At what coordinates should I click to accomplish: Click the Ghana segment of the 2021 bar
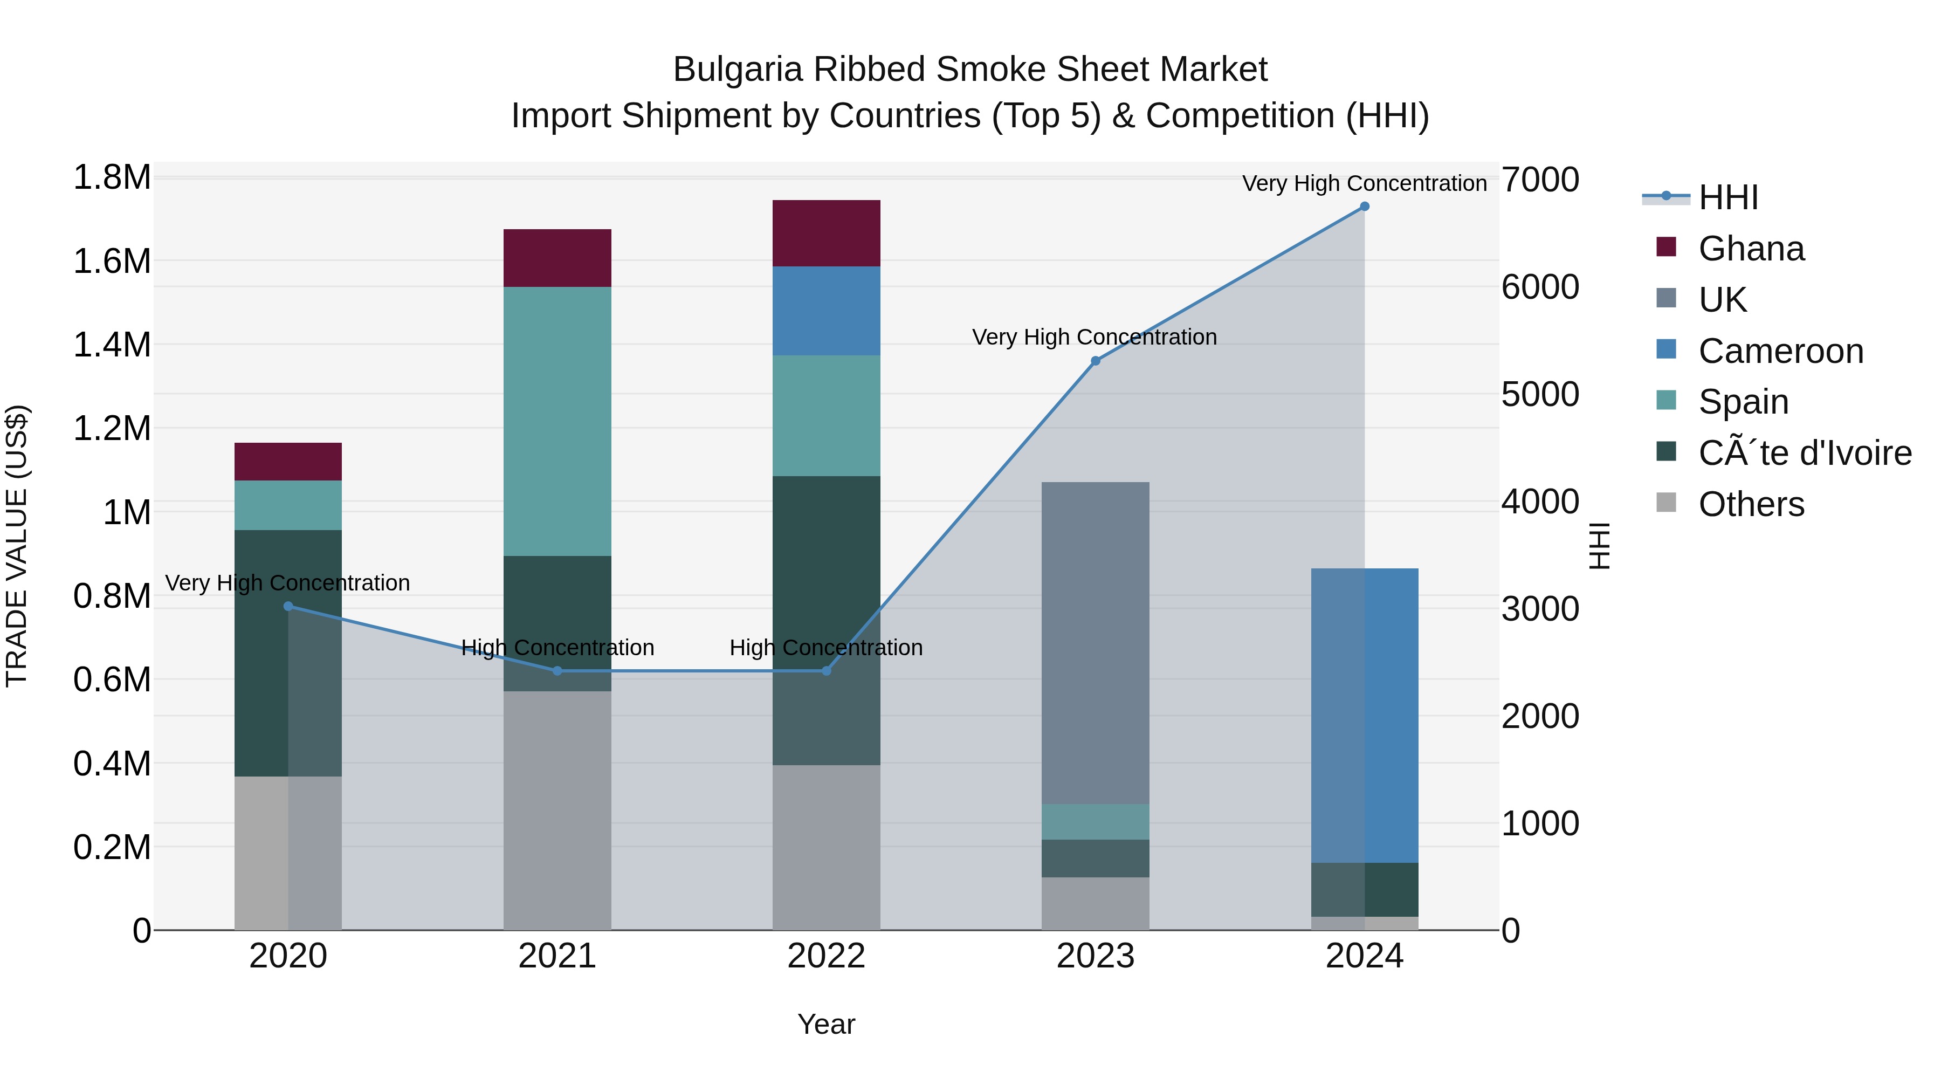pyautogui.click(x=557, y=258)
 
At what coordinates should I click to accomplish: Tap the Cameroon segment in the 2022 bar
pyautogui.click(x=826, y=311)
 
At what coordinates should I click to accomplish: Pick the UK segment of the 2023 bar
pyautogui.click(x=1095, y=642)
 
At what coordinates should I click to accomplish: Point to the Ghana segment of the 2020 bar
pyautogui.click(x=288, y=461)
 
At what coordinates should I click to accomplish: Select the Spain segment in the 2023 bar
pyautogui.click(x=1095, y=821)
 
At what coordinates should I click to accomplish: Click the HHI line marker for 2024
pyautogui.click(x=1365, y=207)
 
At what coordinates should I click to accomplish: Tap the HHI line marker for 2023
pyautogui.click(x=1096, y=361)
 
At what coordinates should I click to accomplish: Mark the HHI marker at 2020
pyautogui.click(x=288, y=606)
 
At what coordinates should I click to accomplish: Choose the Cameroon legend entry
pyautogui.click(x=1780, y=351)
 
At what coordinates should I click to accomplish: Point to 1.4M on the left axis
pyautogui.click(x=112, y=345)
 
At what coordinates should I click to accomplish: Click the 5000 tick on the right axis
pyautogui.click(x=1539, y=395)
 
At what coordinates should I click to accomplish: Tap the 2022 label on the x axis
pyautogui.click(x=826, y=956)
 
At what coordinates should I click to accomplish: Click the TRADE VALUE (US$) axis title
pyautogui.click(x=17, y=546)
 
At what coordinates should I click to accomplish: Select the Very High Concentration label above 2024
pyautogui.click(x=1364, y=184)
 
